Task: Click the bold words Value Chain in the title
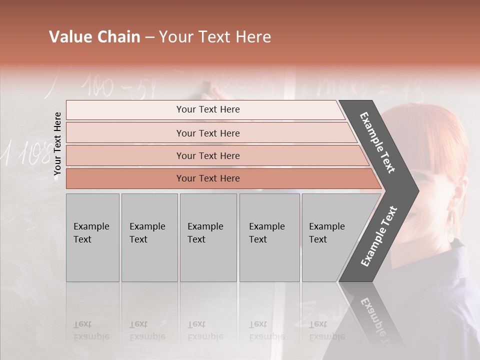[x=94, y=37]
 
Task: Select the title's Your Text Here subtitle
[x=215, y=37]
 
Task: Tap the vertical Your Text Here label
[x=57, y=143]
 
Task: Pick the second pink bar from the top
[x=207, y=133]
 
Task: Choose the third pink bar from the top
[x=207, y=155]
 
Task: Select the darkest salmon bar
[x=207, y=178]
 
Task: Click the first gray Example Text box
[x=92, y=237]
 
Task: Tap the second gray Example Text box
[x=149, y=237]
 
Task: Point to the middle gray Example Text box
[x=208, y=237]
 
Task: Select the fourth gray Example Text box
[x=269, y=237]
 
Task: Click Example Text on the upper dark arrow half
[x=378, y=142]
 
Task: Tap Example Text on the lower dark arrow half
[x=378, y=236]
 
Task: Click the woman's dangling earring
[x=452, y=227]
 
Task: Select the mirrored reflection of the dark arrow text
[x=372, y=320]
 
